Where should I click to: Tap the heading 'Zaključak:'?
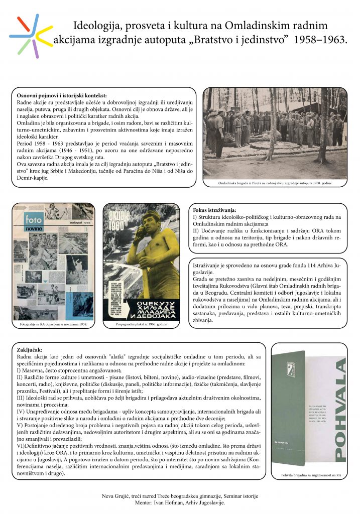(29, 349)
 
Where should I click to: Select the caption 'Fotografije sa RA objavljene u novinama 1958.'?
(52, 325)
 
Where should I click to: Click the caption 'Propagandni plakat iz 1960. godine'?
(141, 325)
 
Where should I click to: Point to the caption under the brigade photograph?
(275, 184)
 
